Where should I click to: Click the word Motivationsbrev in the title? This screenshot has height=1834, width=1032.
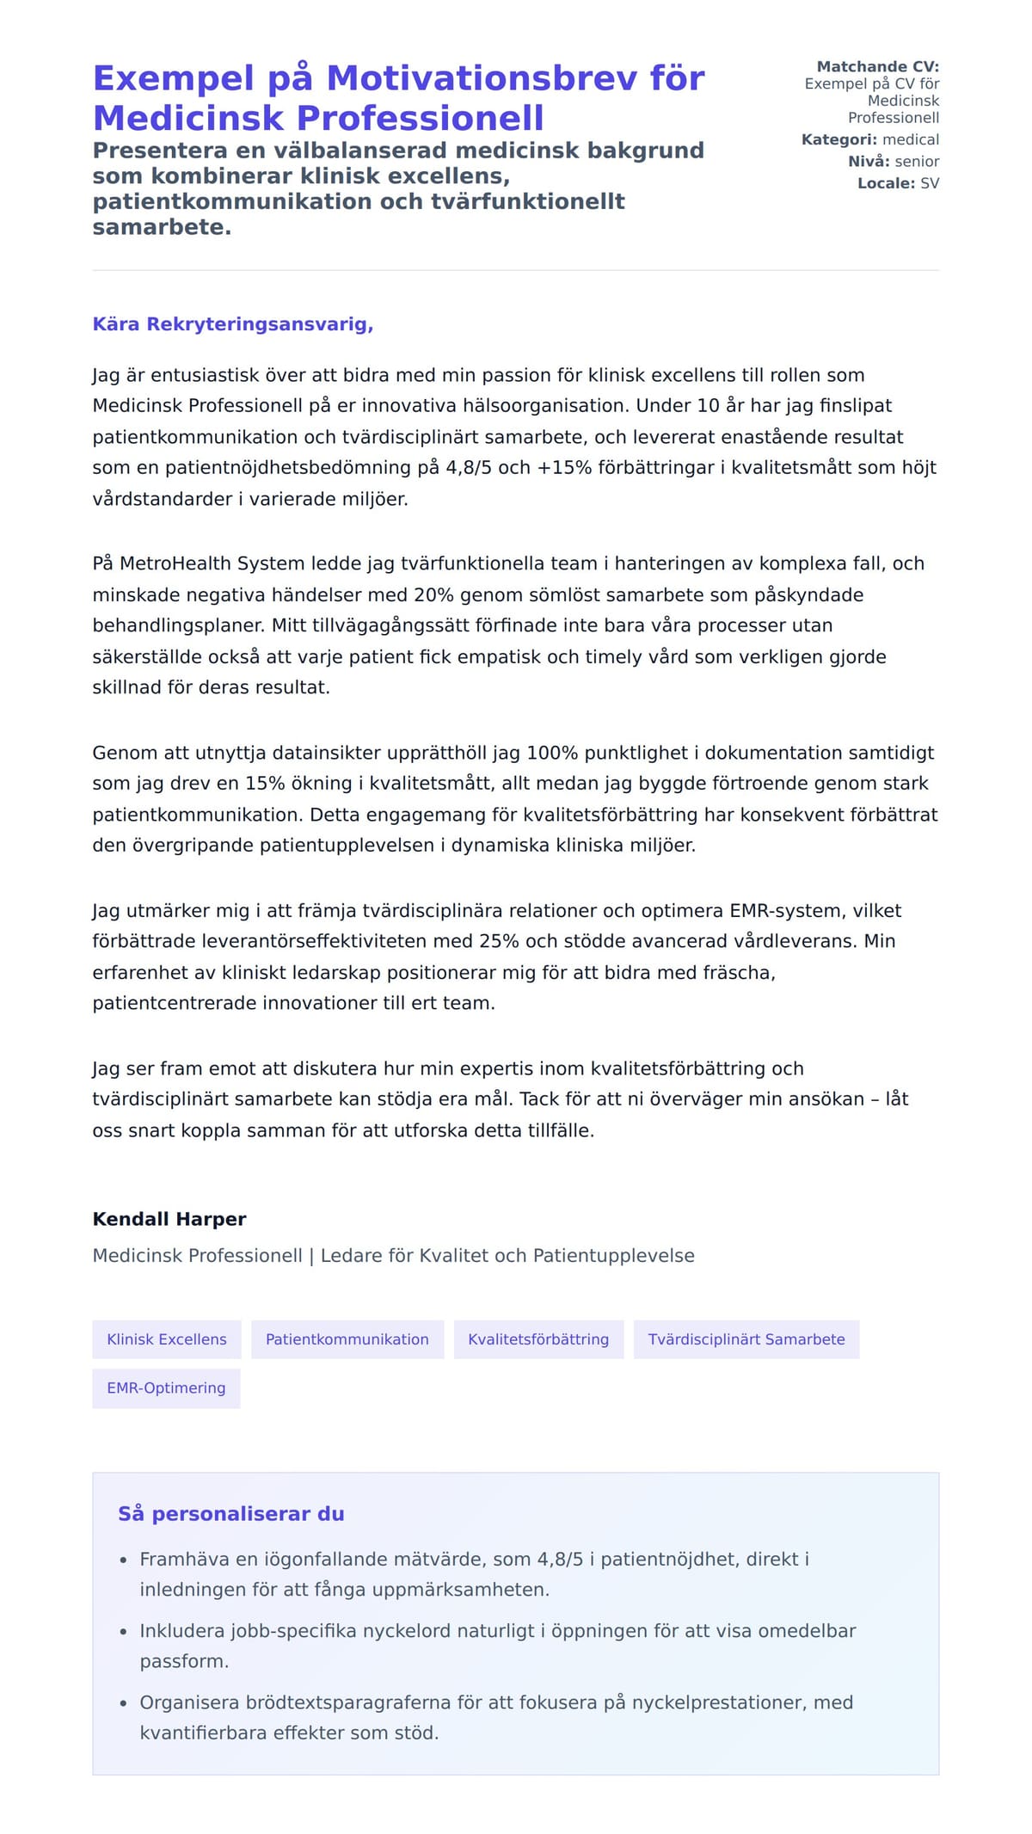pyautogui.click(x=482, y=78)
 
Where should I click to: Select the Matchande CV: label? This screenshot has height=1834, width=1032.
pyautogui.click(x=877, y=66)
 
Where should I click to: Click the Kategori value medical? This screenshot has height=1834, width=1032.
pyautogui.click(x=911, y=139)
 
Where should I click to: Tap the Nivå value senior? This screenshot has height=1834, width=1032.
pyautogui.click(x=917, y=161)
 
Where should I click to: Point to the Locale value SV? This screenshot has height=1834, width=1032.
pyautogui.click(x=930, y=183)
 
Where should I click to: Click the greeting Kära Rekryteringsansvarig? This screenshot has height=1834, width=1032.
pyautogui.click(x=232, y=324)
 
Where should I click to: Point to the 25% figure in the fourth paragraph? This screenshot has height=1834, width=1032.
pyautogui.click(x=499, y=941)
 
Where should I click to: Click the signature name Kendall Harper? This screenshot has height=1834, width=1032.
pyautogui.click(x=169, y=1219)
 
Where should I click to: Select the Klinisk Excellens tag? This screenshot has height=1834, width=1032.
pyautogui.click(x=167, y=1339)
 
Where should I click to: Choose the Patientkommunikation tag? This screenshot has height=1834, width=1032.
pyautogui.click(x=347, y=1339)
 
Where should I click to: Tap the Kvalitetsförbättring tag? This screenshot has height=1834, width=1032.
pyautogui.click(x=538, y=1339)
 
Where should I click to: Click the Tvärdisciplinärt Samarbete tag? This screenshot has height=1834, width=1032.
pyautogui.click(x=746, y=1339)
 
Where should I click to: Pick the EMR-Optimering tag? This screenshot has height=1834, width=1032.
pyautogui.click(x=166, y=1388)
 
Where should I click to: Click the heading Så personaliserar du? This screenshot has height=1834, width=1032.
pyautogui.click(x=231, y=1514)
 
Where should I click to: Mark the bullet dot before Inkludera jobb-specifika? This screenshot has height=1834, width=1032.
pyautogui.click(x=123, y=1632)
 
